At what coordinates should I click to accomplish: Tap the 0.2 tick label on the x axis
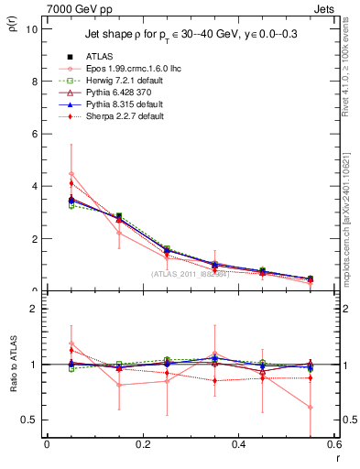[x=142, y=445]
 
